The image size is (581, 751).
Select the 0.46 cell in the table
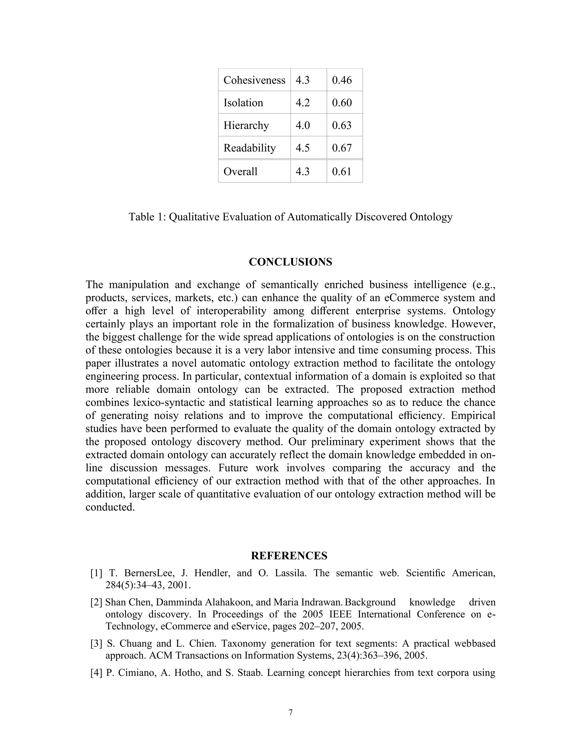(342, 80)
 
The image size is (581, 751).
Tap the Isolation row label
(243, 103)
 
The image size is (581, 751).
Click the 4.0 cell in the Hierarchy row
(302, 125)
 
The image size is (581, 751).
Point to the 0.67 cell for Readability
(342, 148)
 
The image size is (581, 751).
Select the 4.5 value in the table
(302, 148)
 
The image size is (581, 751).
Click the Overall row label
(240, 171)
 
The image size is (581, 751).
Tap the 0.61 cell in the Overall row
(342, 171)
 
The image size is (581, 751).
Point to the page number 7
(290, 712)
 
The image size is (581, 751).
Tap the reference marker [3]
(96, 643)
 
